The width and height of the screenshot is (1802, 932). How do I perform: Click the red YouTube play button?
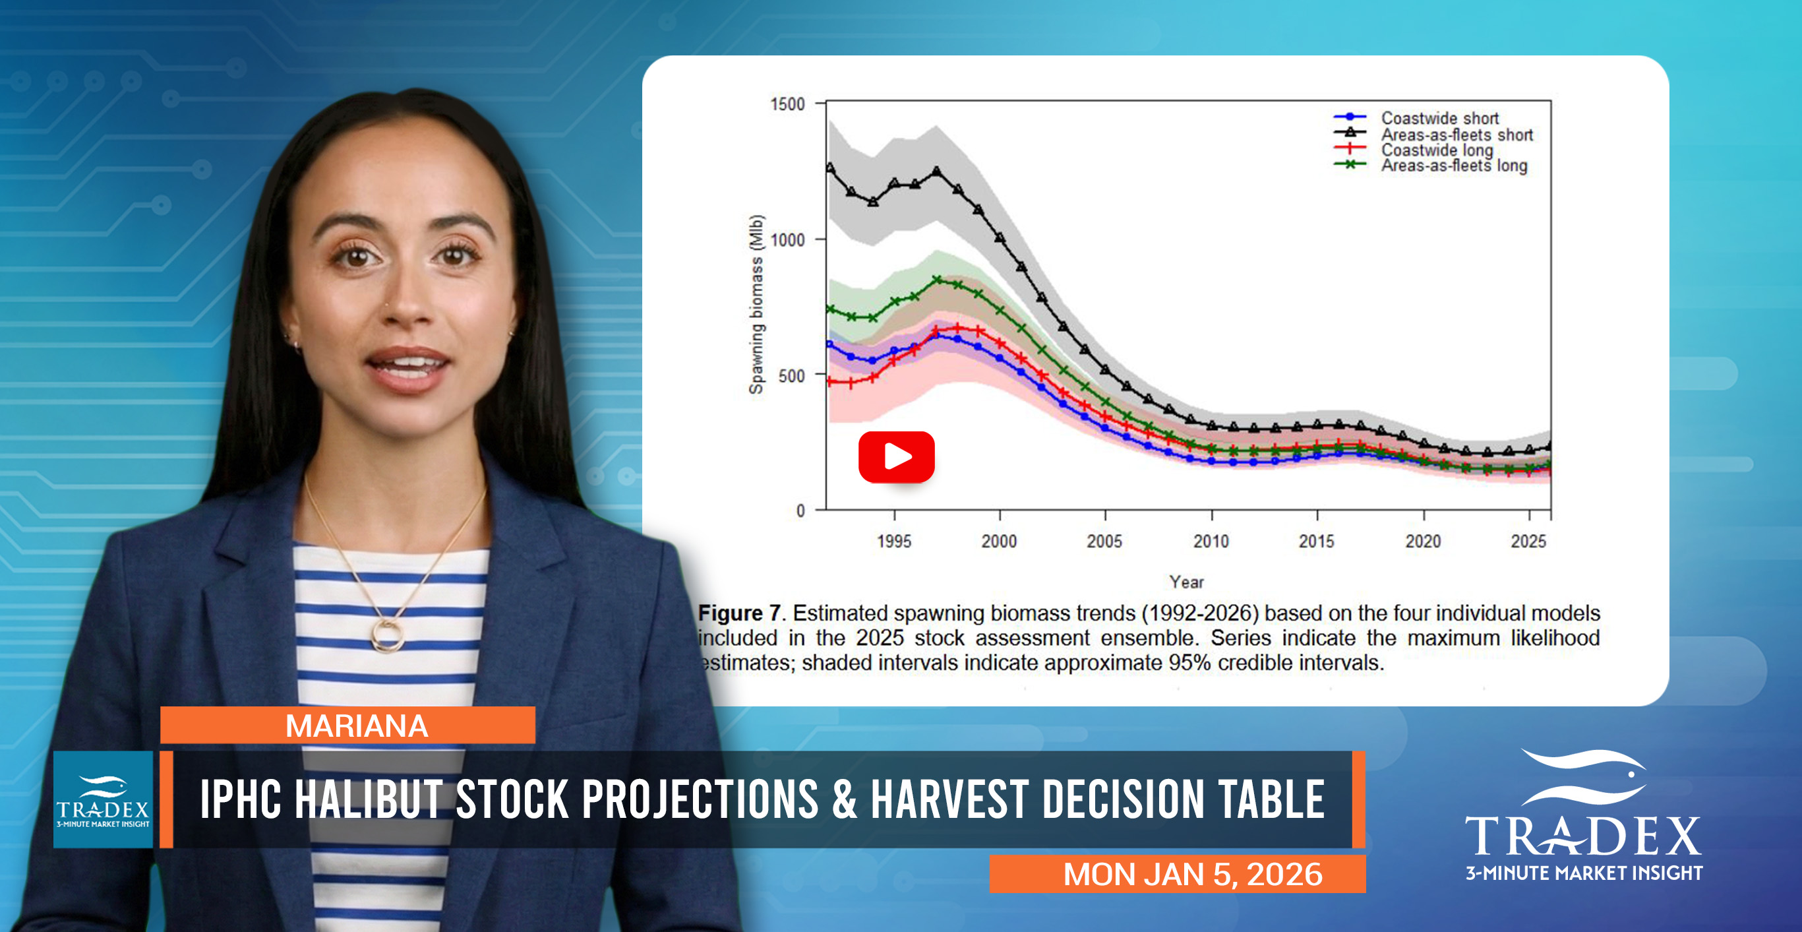coord(896,457)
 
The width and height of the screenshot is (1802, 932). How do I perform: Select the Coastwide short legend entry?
coord(1439,118)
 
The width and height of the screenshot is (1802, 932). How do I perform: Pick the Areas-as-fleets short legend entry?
coord(1456,135)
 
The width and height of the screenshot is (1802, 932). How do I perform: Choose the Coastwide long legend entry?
coord(1436,150)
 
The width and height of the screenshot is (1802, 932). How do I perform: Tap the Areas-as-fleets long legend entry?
coord(1453,166)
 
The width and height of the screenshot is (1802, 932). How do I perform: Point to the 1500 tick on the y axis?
coord(787,104)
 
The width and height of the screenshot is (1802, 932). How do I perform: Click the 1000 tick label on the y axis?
coord(787,240)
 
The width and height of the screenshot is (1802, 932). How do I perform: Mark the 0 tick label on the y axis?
coord(800,511)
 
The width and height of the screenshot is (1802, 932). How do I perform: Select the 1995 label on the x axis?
coord(893,541)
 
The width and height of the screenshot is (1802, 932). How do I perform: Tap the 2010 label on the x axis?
coord(1211,541)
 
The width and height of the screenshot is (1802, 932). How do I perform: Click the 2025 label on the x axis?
coord(1528,541)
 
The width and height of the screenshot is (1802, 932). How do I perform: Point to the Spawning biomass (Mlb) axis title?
coord(756,304)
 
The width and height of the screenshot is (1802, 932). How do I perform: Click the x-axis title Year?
coord(1186,582)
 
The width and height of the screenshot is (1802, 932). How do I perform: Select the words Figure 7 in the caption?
coord(739,613)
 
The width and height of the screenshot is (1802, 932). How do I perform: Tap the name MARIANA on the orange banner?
coord(356,726)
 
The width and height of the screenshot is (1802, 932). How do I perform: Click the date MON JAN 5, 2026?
coord(1192,874)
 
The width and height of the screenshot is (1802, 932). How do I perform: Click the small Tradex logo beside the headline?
coord(103,800)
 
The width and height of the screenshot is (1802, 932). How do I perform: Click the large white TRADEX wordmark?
coord(1582,836)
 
